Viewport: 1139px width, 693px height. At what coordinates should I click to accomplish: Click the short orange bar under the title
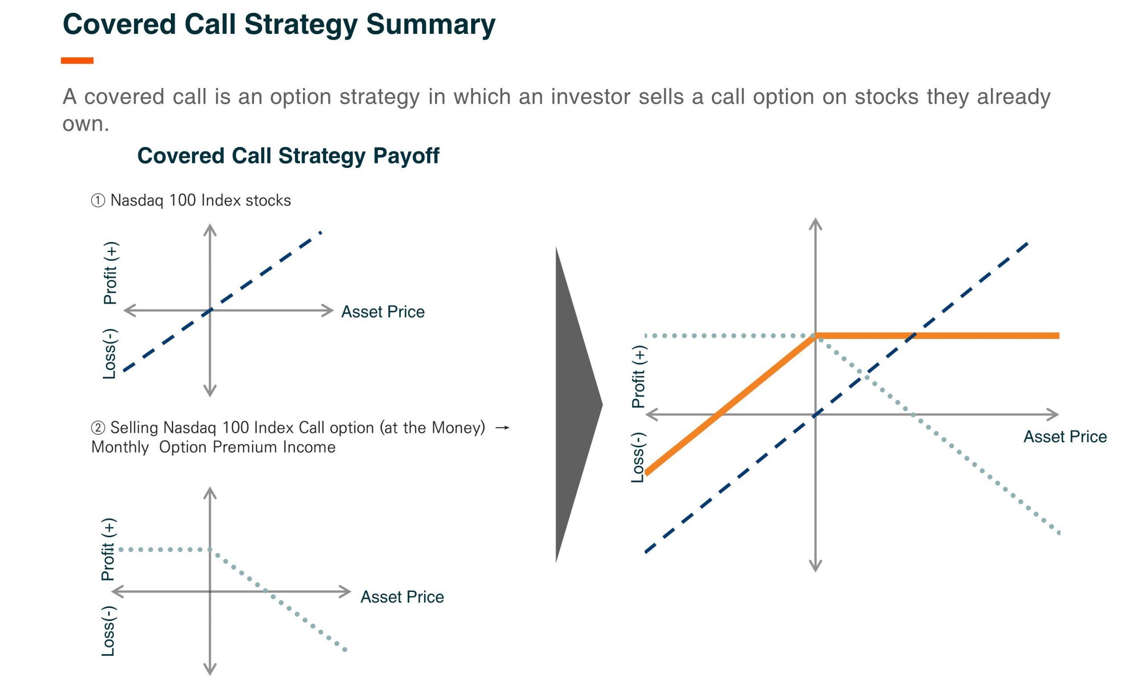(77, 61)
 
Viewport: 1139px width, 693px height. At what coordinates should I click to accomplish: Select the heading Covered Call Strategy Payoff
(288, 156)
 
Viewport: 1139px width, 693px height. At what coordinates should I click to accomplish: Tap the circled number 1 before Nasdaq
(97, 201)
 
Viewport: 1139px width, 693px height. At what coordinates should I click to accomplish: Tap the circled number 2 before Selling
(97, 428)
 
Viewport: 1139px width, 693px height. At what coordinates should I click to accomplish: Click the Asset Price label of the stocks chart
(383, 312)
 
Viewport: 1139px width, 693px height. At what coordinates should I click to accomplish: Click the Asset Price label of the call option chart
(402, 597)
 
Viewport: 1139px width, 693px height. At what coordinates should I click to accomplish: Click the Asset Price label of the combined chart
(1065, 437)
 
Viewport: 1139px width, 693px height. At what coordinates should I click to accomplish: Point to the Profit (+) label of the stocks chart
(110, 273)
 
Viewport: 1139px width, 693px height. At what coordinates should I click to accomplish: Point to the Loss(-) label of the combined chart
(638, 457)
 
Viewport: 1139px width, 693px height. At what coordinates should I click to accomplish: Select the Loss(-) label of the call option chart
(108, 631)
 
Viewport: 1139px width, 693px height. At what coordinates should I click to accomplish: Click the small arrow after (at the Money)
(502, 428)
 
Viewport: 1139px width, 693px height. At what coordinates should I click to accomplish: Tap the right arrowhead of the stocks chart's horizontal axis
(328, 310)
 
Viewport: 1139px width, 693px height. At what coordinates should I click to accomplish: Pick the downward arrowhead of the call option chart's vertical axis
(210, 670)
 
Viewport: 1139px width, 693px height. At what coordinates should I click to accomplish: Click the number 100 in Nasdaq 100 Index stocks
(182, 200)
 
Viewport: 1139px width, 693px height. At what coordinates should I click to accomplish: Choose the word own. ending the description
(86, 124)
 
